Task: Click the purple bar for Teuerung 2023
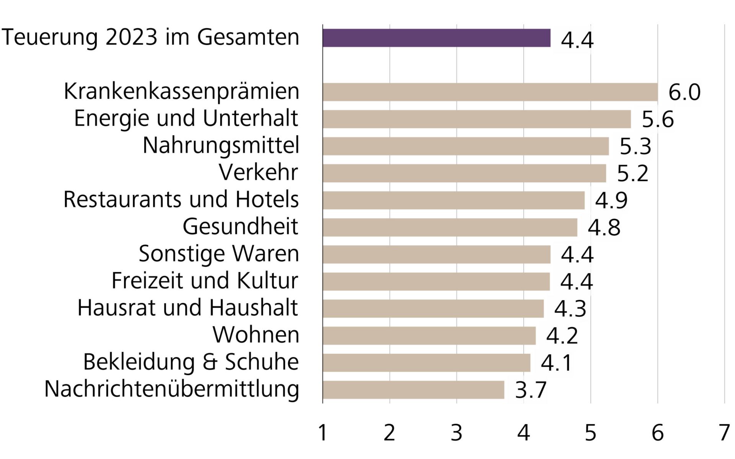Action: point(436,38)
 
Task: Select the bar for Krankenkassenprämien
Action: point(490,92)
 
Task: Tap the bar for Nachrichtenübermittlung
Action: point(413,390)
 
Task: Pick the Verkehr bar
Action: point(464,173)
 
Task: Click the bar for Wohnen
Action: point(429,335)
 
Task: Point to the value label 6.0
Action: point(684,92)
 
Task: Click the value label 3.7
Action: point(531,390)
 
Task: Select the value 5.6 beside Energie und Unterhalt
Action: point(658,119)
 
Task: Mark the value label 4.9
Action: point(611,200)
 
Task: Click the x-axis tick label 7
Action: point(724,433)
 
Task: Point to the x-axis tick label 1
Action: point(323,433)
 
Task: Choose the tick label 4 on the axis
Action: point(523,433)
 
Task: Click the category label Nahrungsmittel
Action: point(221,146)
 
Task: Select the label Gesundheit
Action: point(240,226)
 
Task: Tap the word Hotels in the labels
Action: point(267,199)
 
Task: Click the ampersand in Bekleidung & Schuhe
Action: point(210,362)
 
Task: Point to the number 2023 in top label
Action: point(131,37)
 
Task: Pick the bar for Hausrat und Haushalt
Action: point(433,308)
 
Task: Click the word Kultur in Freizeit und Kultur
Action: point(267,280)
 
